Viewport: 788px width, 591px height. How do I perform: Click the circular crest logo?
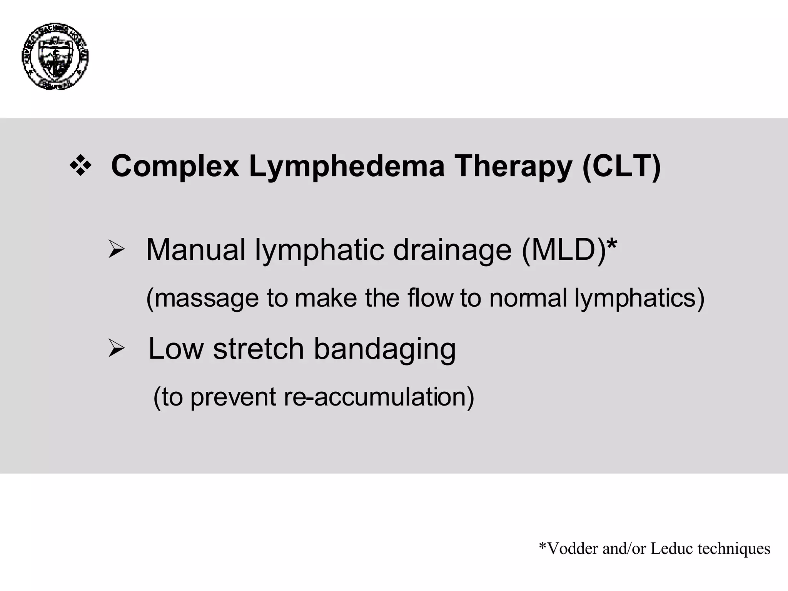coord(55,56)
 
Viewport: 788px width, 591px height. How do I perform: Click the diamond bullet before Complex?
coord(80,167)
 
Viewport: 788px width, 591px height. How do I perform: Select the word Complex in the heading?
coord(175,167)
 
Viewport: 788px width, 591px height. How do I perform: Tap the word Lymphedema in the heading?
coord(346,167)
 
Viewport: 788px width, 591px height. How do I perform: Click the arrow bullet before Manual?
coord(116,250)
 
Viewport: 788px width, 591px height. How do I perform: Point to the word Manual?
coord(195,250)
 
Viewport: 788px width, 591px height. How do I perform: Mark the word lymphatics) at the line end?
coord(639,299)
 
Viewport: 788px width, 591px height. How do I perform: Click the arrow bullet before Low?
coord(116,349)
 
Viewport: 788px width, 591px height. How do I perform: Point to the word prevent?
coord(233,397)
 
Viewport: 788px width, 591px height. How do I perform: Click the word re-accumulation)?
coord(379,397)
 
